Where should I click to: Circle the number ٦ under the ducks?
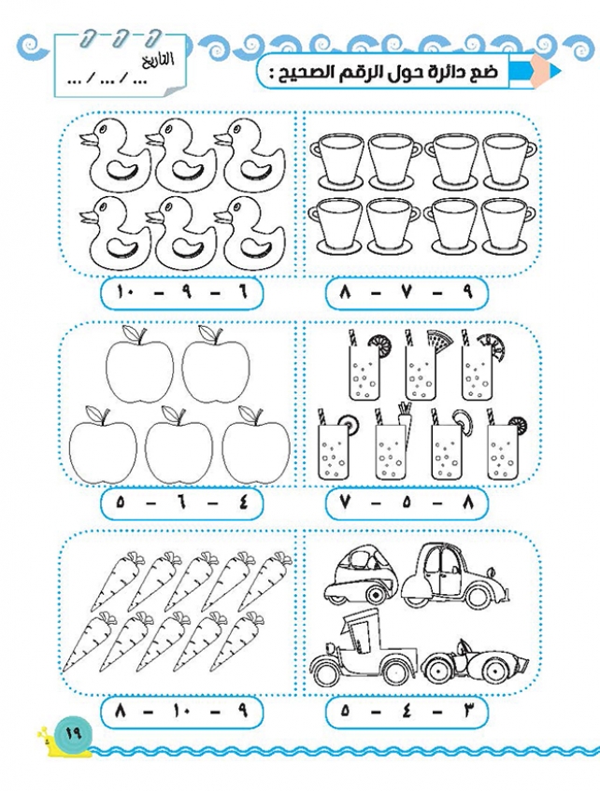click(x=242, y=292)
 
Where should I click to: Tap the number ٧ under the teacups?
click(x=407, y=292)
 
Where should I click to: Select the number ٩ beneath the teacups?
click(x=467, y=292)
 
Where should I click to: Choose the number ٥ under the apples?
click(x=121, y=502)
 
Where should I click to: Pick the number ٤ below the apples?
click(x=242, y=502)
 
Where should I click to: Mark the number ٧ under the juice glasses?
click(x=346, y=502)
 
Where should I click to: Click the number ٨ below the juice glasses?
click(x=467, y=502)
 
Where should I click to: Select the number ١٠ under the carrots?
click(x=180, y=712)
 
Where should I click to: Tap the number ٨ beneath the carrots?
click(x=121, y=712)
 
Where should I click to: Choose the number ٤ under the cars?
click(x=407, y=712)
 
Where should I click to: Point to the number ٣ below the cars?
click(x=467, y=712)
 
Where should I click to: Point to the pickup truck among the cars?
click(x=364, y=649)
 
